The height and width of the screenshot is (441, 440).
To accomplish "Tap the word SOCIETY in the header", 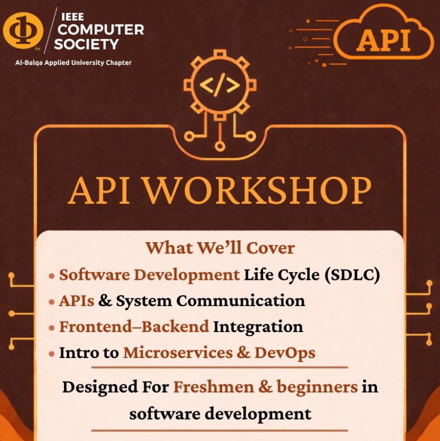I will (86, 44).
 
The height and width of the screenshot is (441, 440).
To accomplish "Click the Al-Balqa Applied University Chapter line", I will (73, 63).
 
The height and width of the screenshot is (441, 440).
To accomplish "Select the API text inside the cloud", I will (383, 41).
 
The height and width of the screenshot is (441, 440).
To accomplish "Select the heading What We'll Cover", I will (220, 248).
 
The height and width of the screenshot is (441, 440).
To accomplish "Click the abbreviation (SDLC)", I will (352, 275).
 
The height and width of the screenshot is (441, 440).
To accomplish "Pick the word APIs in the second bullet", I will (77, 301).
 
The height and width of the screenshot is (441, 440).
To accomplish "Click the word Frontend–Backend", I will (134, 327).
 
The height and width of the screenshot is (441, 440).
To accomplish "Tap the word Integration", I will (258, 327).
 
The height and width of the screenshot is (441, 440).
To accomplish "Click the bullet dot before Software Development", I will (51, 276).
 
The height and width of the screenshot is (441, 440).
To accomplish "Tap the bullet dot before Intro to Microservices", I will (51, 354).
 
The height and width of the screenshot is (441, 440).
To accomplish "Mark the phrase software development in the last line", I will (220, 414).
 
